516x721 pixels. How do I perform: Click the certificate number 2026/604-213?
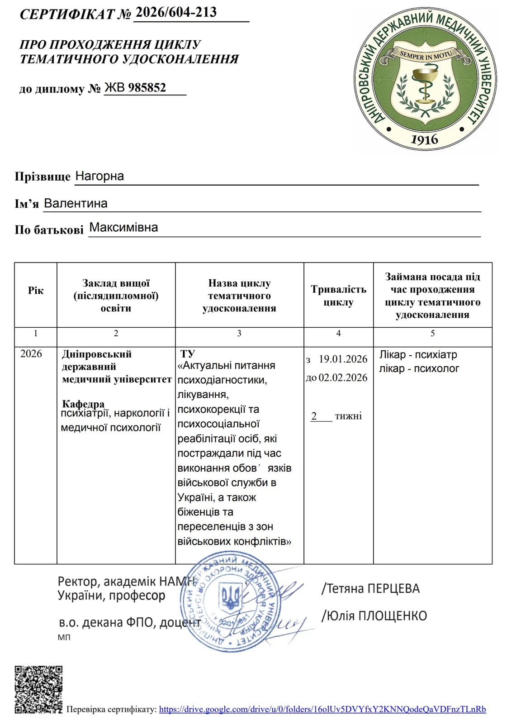coord(176,12)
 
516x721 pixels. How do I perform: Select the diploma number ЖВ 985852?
coord(136,87)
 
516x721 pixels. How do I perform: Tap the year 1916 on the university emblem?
coord(424,139)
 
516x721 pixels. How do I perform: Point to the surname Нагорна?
coord(99,176)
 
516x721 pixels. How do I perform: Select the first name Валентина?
coord(76,203)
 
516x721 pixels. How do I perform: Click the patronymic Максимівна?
coord(123,227)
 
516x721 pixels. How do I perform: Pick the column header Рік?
coord(36,291)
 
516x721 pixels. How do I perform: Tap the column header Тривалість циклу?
coord(338,296)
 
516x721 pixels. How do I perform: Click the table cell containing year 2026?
coord(31,353)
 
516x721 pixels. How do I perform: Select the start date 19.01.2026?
coord(343,359)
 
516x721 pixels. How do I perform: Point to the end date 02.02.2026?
coord(343,377)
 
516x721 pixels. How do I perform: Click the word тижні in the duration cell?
coord(348,416)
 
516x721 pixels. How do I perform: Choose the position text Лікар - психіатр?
coord(418,354)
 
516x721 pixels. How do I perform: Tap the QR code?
coord(38,689)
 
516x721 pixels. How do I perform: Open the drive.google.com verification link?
coord(322,709)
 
